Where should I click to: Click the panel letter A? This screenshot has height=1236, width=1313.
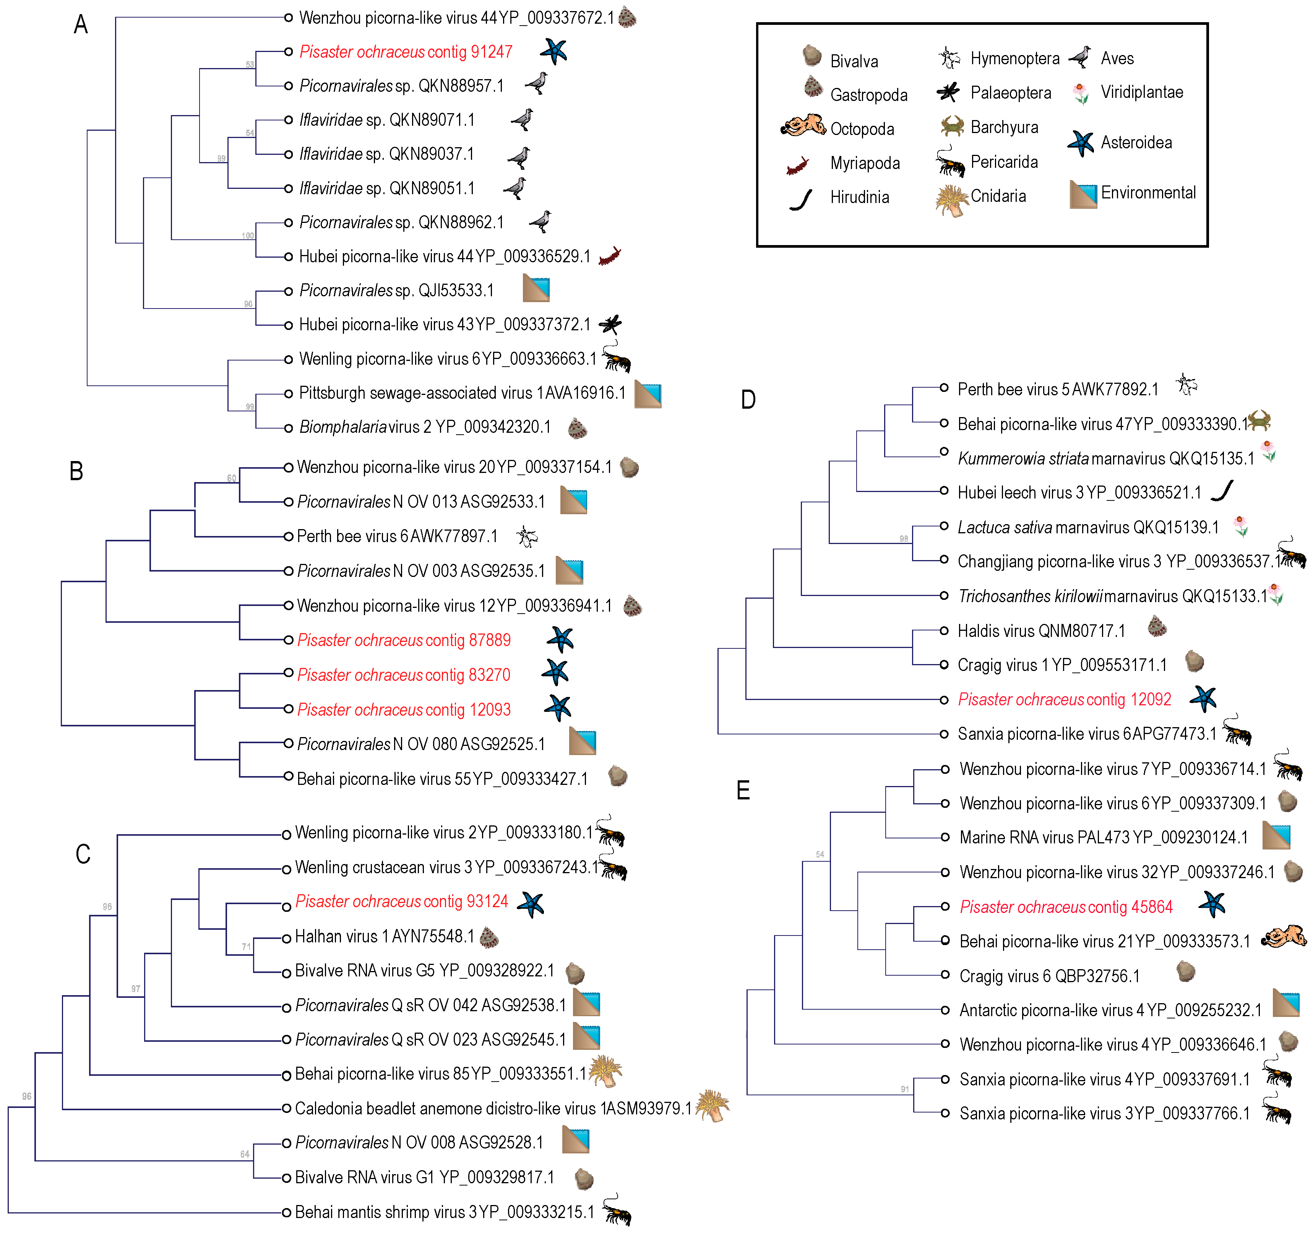point(81,25)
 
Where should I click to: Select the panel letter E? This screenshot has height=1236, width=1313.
point(743,790)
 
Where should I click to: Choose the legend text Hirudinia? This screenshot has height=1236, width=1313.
point(859,197)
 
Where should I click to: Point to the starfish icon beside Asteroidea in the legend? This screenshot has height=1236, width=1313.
point(1081,143)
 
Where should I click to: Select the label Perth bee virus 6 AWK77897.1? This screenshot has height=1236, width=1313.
point(397,536)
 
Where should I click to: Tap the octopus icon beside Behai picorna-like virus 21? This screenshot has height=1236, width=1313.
point(1283,937)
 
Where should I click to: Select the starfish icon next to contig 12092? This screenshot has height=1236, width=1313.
point(1203,698)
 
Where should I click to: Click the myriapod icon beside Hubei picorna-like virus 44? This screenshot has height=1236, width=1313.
point(610,256)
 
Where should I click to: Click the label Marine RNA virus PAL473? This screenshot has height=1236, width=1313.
point(1103,838)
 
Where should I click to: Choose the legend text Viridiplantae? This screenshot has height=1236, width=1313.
point(1141,93)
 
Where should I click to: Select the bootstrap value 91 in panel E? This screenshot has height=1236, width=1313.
point(904,1089)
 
